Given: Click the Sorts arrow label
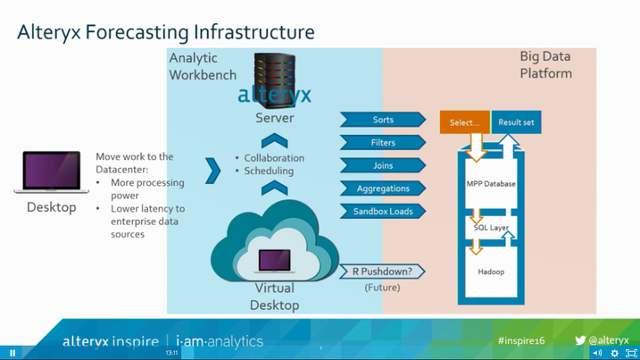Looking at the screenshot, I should click(382, 120).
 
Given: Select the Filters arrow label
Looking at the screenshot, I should click(382, 143).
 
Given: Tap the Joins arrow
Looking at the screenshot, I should click(382, 166).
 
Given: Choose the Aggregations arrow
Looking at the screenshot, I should click(382, 188).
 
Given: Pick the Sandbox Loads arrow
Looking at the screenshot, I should click(382, 212).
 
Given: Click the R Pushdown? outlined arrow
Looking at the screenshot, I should click(382, 272).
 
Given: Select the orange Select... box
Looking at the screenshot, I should click(464, 122).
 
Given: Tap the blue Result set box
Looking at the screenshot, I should click(516, 122).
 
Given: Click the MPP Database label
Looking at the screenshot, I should click(491, 184).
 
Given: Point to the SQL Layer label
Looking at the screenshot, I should click(491, 228).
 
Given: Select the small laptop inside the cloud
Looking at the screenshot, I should click(274, 261).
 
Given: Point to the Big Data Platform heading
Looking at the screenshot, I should click(545, 64).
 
